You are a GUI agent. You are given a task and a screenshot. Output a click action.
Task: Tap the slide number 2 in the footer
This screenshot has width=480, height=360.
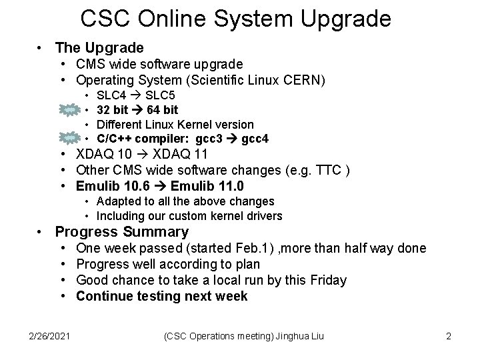(449, 337)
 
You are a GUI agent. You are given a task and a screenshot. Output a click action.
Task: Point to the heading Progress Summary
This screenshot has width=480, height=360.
(122, 232)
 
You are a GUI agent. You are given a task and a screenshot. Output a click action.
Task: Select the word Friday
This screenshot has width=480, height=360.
(325, 280)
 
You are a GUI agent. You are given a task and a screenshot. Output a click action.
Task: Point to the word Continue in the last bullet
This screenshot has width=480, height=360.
(104, 296)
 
